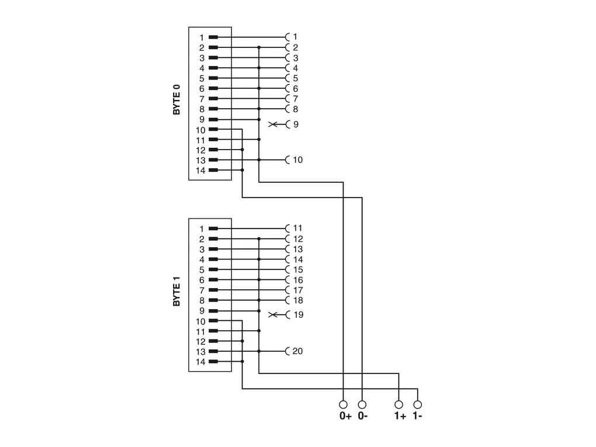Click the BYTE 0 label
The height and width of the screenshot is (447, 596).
pos(176,99)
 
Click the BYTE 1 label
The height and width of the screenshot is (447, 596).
pos(176,290)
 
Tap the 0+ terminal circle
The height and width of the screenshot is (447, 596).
pos(343,404)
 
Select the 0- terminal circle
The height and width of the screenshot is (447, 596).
pos(362,404)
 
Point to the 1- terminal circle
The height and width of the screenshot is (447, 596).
pos(417,404)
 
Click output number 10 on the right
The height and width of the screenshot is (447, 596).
pos(298,160)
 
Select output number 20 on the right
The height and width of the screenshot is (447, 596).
pos(298,351)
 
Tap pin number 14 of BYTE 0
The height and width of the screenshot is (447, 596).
pos(200,171)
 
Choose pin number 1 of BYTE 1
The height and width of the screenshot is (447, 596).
pos(202,228)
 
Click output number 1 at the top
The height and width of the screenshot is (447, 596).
pos(296,36)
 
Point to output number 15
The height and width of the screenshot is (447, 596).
pos(298,269)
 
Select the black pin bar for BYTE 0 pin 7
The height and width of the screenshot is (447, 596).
pos(213,98)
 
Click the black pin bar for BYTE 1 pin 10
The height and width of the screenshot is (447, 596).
pos(213,320)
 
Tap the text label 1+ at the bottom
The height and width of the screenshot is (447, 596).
pos(399,417)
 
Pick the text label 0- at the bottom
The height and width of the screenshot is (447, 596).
pos(362,417)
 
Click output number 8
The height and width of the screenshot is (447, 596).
pos(296,109)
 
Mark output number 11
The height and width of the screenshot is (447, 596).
pos(298,228)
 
